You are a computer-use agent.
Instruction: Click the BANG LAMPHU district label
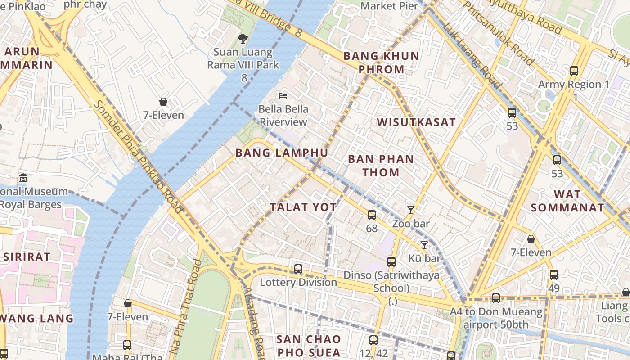point(282,153)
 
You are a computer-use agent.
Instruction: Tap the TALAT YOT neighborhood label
point(303,207)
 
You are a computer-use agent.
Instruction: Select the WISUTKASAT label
point(416,122)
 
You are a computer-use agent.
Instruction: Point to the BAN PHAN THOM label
point(381,166)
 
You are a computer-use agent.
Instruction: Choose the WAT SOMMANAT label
point(567,201)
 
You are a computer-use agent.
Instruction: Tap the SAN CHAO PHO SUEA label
point(309,346)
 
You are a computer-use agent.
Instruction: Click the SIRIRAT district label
point(27,257)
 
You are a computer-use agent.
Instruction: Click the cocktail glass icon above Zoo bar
point(410,210)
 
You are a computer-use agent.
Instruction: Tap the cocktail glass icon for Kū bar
point(424,245)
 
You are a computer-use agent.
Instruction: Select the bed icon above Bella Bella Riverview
point(283,95)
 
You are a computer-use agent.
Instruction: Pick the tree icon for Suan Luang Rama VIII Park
point(243,39)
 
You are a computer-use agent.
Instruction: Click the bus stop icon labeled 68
point(372,215)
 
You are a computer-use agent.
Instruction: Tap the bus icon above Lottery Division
point(298,269)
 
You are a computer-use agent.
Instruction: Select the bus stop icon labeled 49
point(553,274)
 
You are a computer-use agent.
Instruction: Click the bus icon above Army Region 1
point(574,71)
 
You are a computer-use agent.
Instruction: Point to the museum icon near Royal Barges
point(23,178)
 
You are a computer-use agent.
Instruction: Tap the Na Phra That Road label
point(186,306)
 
